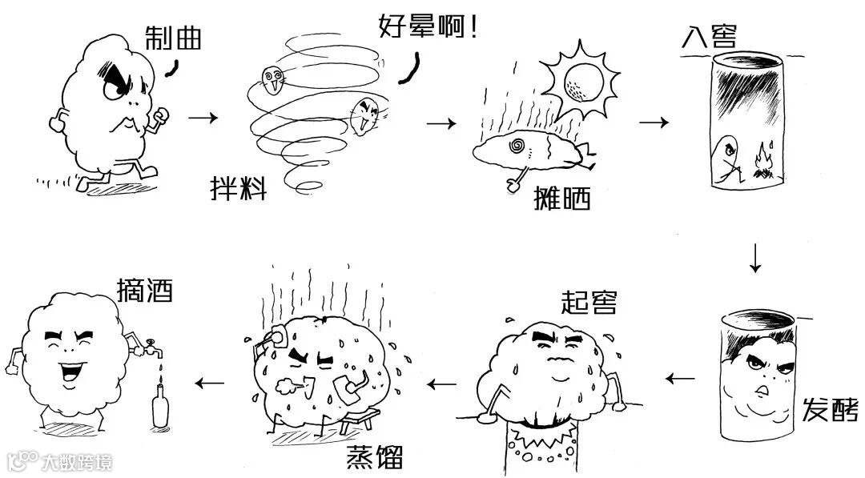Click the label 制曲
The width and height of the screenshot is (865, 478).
172,37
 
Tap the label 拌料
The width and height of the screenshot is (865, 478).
238,190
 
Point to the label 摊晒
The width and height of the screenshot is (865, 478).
561,197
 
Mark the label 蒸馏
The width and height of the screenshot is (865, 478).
374,457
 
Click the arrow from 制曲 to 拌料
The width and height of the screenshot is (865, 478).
203,118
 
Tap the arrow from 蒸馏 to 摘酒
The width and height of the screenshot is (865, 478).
211,383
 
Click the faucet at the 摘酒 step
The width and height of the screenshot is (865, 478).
150,350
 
